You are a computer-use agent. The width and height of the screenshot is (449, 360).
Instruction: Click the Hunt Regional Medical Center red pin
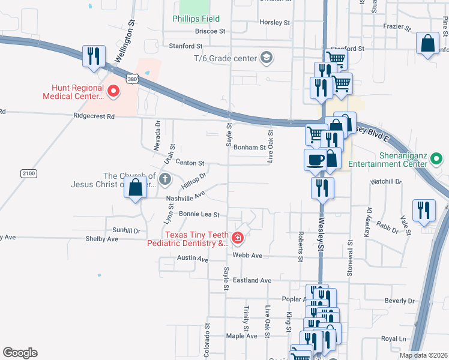[113, 92]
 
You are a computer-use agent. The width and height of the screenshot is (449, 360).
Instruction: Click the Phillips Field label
[196, 19]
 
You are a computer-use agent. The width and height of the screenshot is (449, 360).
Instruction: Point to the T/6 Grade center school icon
[266, 58]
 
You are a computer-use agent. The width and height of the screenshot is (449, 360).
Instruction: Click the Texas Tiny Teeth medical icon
[238, 239]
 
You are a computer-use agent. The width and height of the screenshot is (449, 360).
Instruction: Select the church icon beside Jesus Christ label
[164, 178]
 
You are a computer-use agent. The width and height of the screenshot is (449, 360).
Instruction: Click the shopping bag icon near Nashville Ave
[136, 187]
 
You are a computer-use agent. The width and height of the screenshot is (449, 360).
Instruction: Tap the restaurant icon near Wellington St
[94, 56]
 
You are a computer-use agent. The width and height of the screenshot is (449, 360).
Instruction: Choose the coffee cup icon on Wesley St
[315, 159]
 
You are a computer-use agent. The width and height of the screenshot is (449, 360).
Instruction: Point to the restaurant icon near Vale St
[424, 211]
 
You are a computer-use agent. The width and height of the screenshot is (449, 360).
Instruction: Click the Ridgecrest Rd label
[94, 116]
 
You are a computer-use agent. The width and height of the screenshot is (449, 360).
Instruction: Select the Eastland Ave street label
[252, 280]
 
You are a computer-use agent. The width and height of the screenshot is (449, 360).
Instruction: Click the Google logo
[20, 353]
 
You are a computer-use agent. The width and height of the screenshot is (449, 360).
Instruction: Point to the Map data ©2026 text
[423, 355]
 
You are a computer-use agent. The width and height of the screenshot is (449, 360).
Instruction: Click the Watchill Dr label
[386, 181]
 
